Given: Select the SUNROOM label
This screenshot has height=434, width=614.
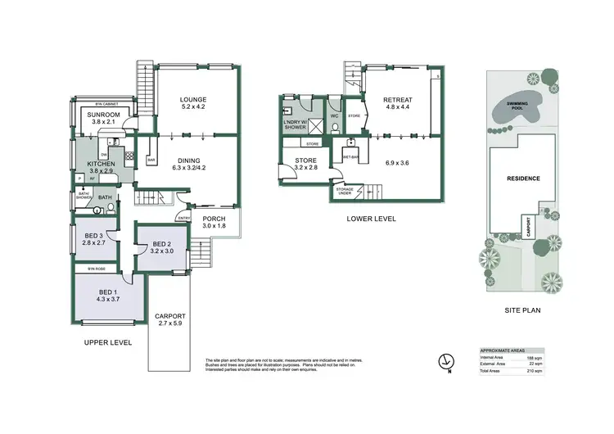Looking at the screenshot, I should tap(104, 115).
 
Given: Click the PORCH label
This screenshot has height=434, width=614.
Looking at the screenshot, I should tap(214, 219).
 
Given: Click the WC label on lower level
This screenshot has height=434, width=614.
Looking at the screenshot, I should tap(335, 115).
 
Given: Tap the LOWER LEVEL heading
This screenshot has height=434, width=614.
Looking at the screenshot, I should tap(372, 218).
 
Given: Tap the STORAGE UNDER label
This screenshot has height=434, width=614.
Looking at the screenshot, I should tap(344, 192).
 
